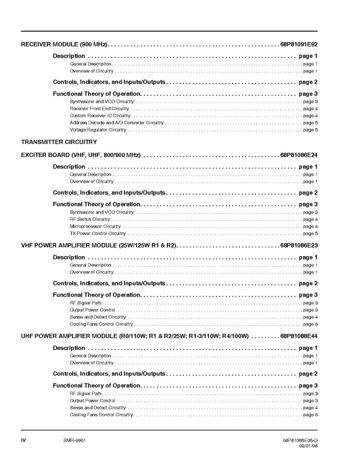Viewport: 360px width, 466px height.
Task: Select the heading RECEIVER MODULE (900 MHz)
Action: coord(64,45)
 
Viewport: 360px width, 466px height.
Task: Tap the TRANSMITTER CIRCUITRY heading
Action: coord(59,142)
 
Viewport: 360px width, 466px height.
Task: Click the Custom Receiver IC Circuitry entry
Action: coord(100,116)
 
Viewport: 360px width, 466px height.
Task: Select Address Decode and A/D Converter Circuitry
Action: coord(117,123)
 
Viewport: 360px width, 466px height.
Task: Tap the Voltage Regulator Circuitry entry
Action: coord(98,130)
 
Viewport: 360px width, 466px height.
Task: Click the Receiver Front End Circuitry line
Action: coord(99,109)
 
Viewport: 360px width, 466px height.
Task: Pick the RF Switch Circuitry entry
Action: coord(90,219)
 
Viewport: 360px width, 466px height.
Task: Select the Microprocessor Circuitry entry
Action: coord(95,227)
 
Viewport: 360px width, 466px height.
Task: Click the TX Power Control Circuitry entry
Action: coord(98,233)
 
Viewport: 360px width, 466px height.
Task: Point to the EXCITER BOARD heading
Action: coord(81,155)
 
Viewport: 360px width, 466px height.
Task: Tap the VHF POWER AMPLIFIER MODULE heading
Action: coord(99,246)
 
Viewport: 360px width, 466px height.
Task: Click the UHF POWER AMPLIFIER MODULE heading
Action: coord(135,336)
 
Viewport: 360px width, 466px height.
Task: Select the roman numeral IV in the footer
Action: coord(23,440)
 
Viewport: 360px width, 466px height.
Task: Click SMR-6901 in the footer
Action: coord(67,440)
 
